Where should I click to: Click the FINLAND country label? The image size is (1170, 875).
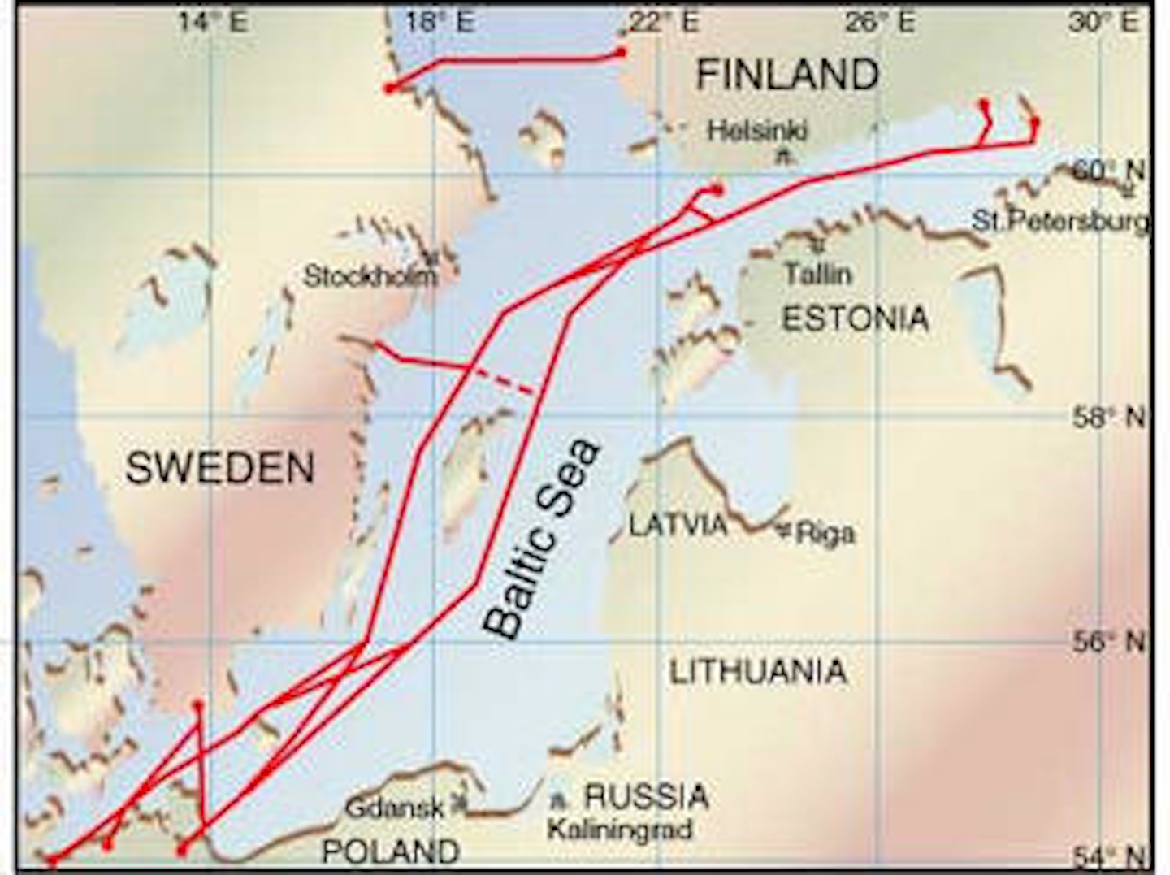787,75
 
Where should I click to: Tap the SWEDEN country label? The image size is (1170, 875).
220,468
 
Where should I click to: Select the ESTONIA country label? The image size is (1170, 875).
855,318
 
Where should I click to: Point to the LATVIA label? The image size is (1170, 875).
679,525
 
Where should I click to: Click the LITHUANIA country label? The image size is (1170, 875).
758,671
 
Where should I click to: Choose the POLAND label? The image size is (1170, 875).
391,851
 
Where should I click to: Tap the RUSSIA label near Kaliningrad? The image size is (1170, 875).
647,796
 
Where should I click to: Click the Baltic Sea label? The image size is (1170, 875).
541,539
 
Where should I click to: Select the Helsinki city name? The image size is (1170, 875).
757,130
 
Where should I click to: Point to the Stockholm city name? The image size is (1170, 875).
370,276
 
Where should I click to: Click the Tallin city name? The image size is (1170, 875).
818,274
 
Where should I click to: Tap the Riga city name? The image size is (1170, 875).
825,533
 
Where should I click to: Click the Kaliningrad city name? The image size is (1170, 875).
619,830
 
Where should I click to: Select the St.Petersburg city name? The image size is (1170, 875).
1061,221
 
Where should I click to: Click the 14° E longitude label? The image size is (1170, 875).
214,22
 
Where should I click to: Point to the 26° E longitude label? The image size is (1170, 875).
880,22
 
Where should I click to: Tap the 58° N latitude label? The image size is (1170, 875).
1110,418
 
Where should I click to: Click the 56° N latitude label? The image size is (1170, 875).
1110,642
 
